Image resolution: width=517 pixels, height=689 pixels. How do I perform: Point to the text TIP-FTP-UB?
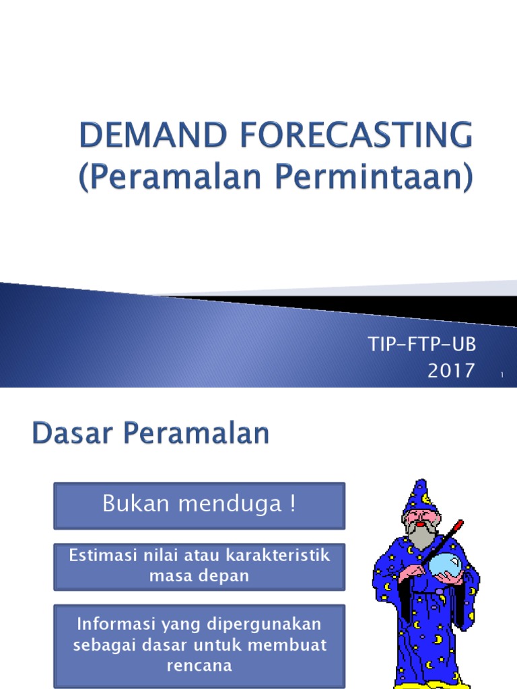(x=422, y=345)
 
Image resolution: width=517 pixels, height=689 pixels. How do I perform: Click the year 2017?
(x=451, y=371)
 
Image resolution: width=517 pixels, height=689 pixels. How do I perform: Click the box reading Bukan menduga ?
(x=199, y=505)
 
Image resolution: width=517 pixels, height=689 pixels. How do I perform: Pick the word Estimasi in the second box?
(x=102, y=556)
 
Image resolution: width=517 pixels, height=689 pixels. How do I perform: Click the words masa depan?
(x=199, y=576)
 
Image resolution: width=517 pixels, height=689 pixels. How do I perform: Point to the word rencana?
(x=199, y=665)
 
